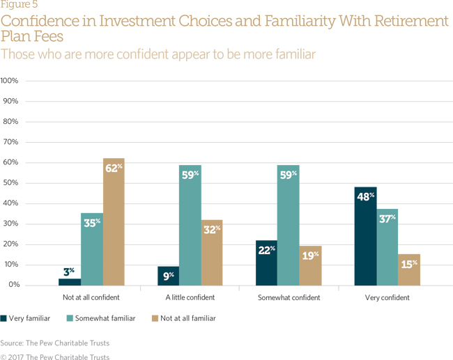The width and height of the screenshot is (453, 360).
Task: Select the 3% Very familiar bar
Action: click(70, 282)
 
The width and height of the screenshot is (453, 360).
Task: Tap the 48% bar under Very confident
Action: click(365, 236)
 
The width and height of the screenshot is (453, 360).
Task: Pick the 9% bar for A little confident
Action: click(169, 276)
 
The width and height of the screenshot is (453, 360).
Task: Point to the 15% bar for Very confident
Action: click(409, 270)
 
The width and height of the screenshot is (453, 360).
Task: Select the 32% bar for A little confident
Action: click(212, 252)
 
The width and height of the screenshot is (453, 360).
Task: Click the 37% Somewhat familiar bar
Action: click(387, 247)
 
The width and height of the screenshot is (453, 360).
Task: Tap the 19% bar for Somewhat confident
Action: click(310, 266)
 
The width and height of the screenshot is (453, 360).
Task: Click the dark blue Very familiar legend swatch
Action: click(4, 318)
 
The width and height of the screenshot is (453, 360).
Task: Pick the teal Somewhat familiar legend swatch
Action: click(70, 318)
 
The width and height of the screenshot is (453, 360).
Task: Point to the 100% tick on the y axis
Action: click(10, 81)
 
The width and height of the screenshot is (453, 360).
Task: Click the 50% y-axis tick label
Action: click(12, 183)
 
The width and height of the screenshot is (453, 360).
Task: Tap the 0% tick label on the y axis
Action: click(14, 285)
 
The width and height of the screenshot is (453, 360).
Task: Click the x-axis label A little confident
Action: click(190, 297)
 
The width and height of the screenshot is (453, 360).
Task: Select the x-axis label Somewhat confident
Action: click(289, 297)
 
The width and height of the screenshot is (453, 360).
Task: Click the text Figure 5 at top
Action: click(19, 6)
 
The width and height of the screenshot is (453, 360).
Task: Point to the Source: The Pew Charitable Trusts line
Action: click(54, 343)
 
